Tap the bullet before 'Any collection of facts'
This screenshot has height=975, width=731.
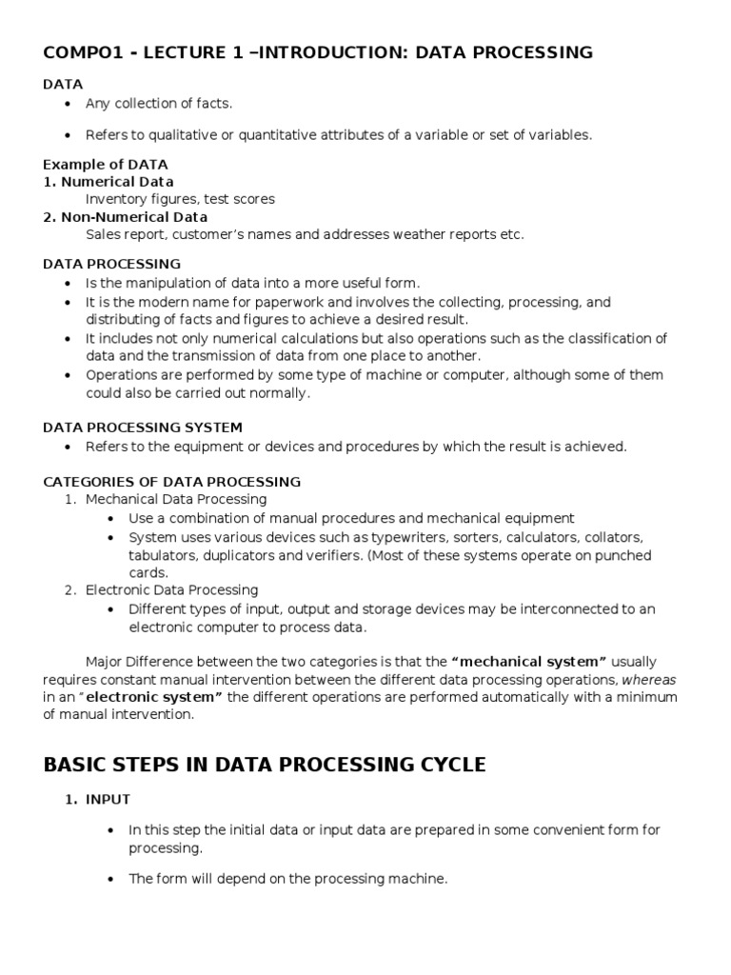[x=66, y=104]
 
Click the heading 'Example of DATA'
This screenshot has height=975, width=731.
[x=106, y=165]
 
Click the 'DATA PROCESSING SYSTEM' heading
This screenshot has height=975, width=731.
[x=143, y=428]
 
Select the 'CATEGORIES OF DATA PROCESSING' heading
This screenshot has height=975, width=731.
[x=172, y=482]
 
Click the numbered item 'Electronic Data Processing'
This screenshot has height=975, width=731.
[x=171, y=590]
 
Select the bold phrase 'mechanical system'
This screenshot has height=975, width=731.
[x=531, y=662]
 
